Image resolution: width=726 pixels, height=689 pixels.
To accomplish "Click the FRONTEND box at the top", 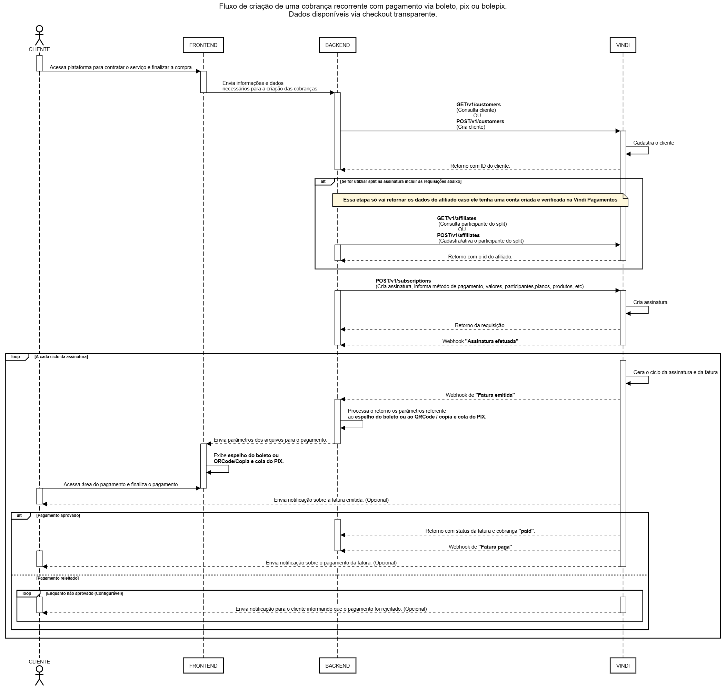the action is click(x=203, y=45).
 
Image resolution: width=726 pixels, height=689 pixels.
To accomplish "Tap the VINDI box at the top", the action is click(x=623, y=45).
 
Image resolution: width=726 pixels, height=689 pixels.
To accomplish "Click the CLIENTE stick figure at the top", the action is click(x=39, y=35).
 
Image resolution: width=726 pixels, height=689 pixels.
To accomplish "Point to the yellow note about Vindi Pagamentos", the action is click(x=480, y=200).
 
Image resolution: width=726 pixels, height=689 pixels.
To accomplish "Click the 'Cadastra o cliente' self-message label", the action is click(x=653, y=143).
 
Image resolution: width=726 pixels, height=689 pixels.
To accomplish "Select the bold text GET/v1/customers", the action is click(x=478, y=105).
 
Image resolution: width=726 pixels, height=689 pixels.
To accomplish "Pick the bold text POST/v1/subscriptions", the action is click(x=403, y=281).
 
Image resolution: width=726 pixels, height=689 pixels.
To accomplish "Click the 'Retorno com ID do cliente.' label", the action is click(x=480, y=166).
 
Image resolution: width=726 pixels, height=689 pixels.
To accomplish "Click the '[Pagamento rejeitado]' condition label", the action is click(x=57, y=578).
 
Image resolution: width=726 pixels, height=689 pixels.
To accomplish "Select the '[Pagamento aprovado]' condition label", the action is click(x=58, y=515).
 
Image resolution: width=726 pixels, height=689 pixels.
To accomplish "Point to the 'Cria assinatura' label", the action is click(x=650, y=302).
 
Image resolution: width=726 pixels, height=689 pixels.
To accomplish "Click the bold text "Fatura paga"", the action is click(x=495, y=547).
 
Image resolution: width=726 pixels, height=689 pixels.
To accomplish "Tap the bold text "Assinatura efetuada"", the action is click(x=491, y=341).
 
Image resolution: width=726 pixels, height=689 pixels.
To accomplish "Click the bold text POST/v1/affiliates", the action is click(x=458, y=235).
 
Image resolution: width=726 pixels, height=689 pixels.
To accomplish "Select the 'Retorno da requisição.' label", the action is click(x=480, y=325).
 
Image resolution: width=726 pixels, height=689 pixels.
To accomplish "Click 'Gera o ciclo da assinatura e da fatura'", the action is click(x=675, y=372).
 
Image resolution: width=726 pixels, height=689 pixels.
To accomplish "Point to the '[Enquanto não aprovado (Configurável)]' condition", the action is click(x=84, y=593).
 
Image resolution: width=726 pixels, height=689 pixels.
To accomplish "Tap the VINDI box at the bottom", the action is click(x=623, y=666).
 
